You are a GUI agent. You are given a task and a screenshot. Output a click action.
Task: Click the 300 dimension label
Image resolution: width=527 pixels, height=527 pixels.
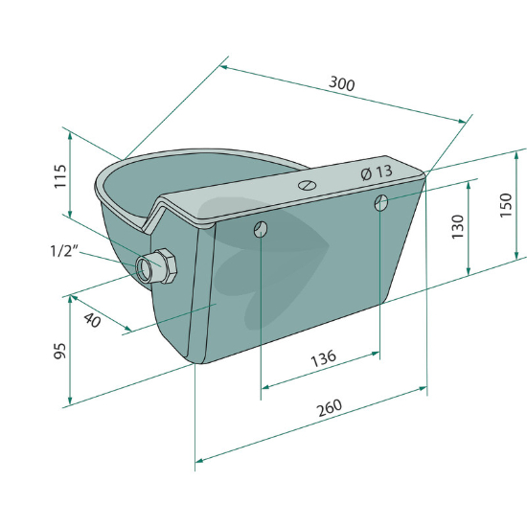341,83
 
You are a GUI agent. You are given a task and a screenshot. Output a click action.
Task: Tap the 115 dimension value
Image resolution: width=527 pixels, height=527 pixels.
60,176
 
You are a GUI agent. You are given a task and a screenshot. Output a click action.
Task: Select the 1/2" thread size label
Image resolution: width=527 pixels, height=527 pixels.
64,251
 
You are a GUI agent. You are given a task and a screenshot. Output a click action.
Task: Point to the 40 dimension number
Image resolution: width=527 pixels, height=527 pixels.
92,320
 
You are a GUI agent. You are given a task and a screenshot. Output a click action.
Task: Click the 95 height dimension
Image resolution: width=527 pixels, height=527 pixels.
59,351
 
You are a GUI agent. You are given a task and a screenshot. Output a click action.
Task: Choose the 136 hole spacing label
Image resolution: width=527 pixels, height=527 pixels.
323,358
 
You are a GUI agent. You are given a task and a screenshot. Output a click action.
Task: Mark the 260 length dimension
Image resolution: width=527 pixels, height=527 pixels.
330,407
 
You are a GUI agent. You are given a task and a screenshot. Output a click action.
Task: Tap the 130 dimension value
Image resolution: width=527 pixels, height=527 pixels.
457,227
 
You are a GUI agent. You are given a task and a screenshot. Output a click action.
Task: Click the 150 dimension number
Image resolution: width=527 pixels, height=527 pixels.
506,205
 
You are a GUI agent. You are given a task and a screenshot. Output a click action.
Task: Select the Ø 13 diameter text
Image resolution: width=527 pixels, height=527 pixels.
377,172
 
